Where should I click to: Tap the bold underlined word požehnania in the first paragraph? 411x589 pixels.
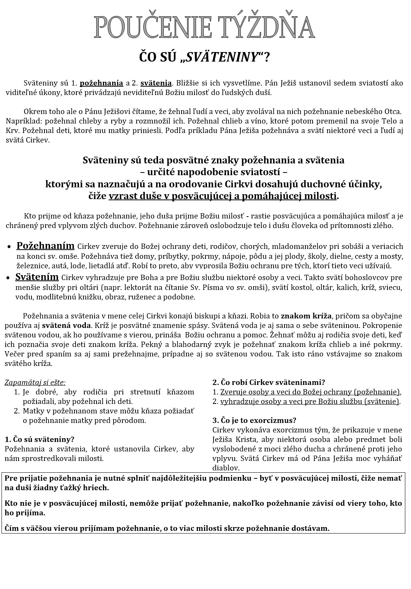(101, 83)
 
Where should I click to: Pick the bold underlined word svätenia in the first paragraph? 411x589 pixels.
(156, 83)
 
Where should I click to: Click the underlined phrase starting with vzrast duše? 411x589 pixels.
(223, 196)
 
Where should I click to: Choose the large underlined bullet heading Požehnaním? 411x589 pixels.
(45, 246)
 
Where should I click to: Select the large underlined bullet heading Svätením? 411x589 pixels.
(37, 277)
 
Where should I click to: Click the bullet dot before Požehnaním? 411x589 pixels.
(9, 247)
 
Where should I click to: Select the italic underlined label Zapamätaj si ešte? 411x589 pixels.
(35, 383)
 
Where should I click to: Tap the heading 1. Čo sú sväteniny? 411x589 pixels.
(40, 439)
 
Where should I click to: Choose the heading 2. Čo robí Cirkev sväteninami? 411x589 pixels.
(269, 382)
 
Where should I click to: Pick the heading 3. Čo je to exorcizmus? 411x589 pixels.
(254, 420)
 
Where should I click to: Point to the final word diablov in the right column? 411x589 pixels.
(226, 468)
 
